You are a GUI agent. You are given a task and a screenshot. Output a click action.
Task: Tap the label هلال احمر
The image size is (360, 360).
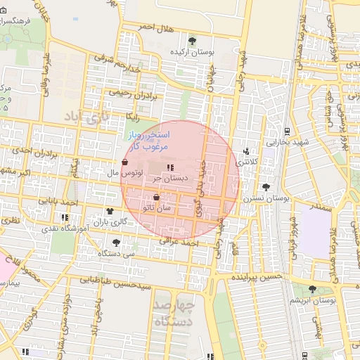tap(155, 27)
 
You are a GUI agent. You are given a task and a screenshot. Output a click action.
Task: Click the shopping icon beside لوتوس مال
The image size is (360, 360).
tap(124, 162)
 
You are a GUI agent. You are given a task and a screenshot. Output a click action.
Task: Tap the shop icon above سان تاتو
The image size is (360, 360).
tap(156, 198)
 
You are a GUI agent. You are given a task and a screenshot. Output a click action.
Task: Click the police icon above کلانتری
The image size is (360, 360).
tap(245, 151)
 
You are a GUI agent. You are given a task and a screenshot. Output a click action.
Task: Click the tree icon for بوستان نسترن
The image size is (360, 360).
tap(266, 187)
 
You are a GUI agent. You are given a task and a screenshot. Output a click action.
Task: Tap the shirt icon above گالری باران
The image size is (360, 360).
tap(110, 211)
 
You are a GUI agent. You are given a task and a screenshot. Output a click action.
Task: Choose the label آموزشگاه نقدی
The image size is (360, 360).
tap(84, 229)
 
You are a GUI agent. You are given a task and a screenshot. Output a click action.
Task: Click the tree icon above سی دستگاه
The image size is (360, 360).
tap(116, 242)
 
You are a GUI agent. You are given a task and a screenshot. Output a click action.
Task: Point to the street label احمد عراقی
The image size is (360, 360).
tap(179, 243)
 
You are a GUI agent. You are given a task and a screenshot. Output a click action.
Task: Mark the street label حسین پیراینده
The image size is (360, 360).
tap(256, 278)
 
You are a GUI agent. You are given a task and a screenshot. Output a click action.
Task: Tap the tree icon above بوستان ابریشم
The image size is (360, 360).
tap(312, 289)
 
